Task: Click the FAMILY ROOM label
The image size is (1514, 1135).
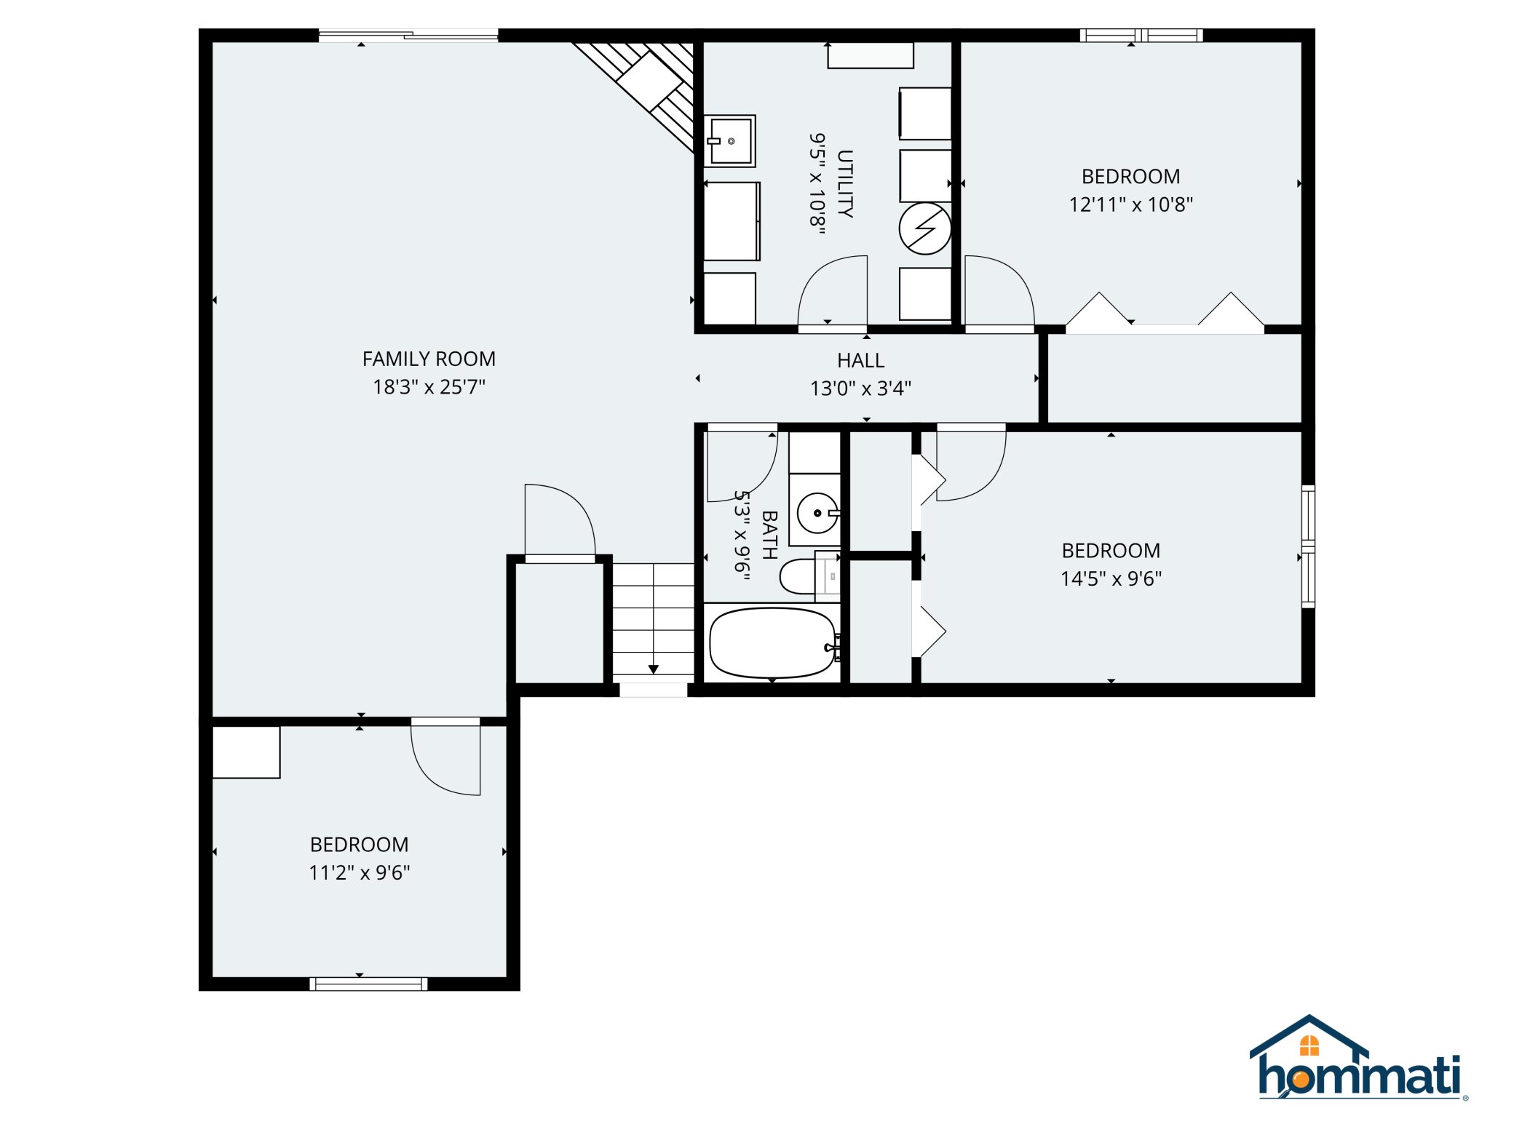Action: pyautogui.click(x=429, y=359)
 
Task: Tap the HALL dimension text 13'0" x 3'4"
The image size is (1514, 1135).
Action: pyautogui.click(x=860, y=389)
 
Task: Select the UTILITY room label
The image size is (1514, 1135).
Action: pyautogui.click(x=845, y=183)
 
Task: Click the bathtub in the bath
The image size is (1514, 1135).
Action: pyautogui.click(x=773, y=643)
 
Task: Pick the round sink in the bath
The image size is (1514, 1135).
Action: pyautogui.click(x=817, y=513)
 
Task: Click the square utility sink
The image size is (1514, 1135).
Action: pyautogui.click(x=730, y=141)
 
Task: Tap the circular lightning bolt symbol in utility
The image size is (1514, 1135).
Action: pyautogui.click(x=925, y=228)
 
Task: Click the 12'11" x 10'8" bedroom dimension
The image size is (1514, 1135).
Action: pyautogui.click(x=1130, y=204)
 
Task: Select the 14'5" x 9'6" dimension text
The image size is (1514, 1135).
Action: pyautogui.click(x=1111, y=578)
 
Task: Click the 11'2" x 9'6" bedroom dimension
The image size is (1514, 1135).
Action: pyautogui.click(x=359, y=872)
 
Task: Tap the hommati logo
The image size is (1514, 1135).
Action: pyautogui.click(x=1359, y=1057)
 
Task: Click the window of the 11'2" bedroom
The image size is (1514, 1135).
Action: pyautogui.click(x=368, y=984)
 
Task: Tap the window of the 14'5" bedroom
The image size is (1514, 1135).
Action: pyautogui.click(x=1308, y=546)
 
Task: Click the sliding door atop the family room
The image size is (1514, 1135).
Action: pyautogui.click(x=408, y=35)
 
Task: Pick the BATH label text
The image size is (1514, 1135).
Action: pyautogui.click(x=769, y=535)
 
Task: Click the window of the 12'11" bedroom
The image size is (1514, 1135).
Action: pyautogui.click(x=1141, y=35)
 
